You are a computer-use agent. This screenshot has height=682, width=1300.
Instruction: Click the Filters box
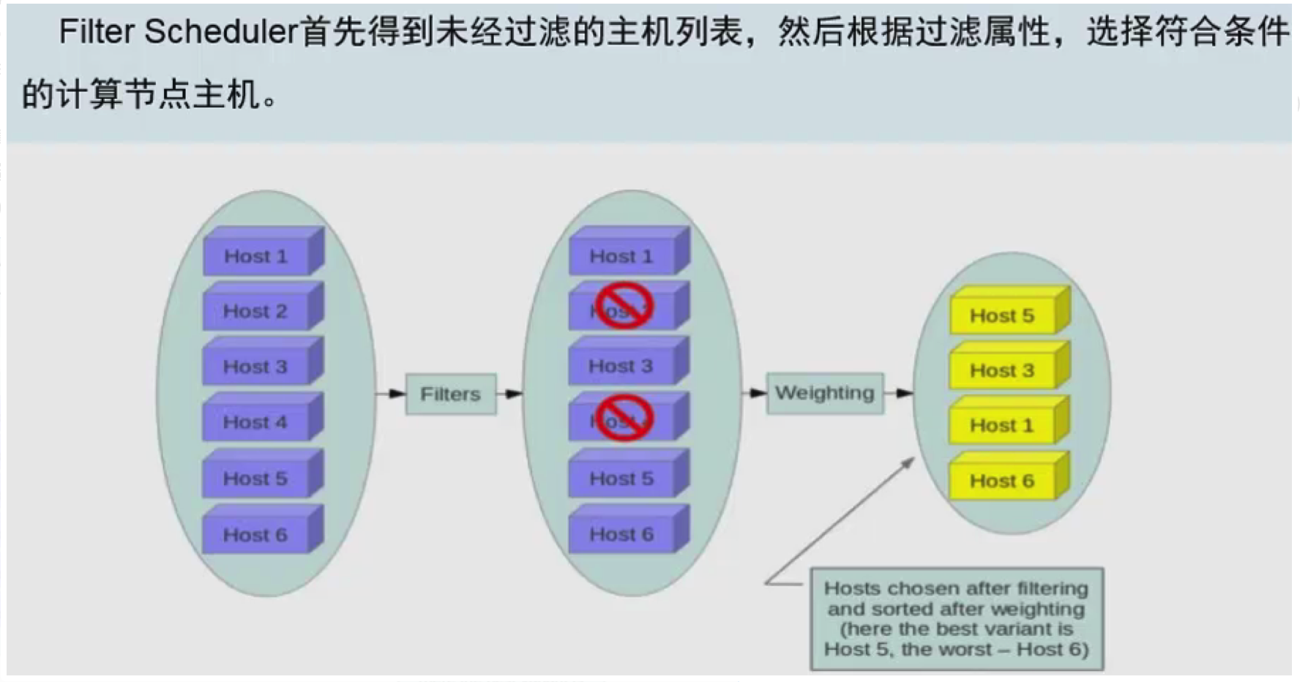(451, 394)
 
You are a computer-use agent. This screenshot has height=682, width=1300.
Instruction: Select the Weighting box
(825, 393)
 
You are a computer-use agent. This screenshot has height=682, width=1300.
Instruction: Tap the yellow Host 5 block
(1002, 315)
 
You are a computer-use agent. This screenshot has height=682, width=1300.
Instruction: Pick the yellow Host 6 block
(1002, 481)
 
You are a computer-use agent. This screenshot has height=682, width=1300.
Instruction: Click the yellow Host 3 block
(1002, 370)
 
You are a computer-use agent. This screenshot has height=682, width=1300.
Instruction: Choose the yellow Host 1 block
(1002, 425)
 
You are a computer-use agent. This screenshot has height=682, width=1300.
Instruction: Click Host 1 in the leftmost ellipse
(255, 256)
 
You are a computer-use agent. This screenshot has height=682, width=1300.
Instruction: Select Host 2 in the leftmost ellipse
(255, 311)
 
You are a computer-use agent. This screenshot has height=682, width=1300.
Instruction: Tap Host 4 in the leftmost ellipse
(255, 422)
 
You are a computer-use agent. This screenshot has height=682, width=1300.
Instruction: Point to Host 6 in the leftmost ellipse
(255, 534)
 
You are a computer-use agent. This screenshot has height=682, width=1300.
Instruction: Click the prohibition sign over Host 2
(623, 306)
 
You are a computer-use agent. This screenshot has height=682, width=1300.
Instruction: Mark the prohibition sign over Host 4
(623, 418)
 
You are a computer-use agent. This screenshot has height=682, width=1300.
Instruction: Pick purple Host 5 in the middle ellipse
(621, 479)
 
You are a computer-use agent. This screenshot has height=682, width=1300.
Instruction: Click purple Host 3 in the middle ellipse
(621, 366)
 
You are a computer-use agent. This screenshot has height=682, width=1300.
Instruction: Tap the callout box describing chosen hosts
(956, 618)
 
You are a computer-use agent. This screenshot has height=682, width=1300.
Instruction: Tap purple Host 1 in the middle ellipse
(621, 256)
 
